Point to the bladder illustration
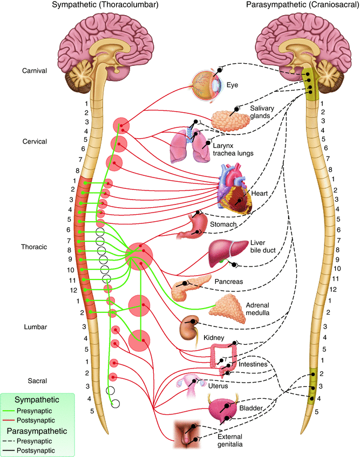tap(223, 410)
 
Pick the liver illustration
tap(222, 251)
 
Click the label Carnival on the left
tap(35, 71)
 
